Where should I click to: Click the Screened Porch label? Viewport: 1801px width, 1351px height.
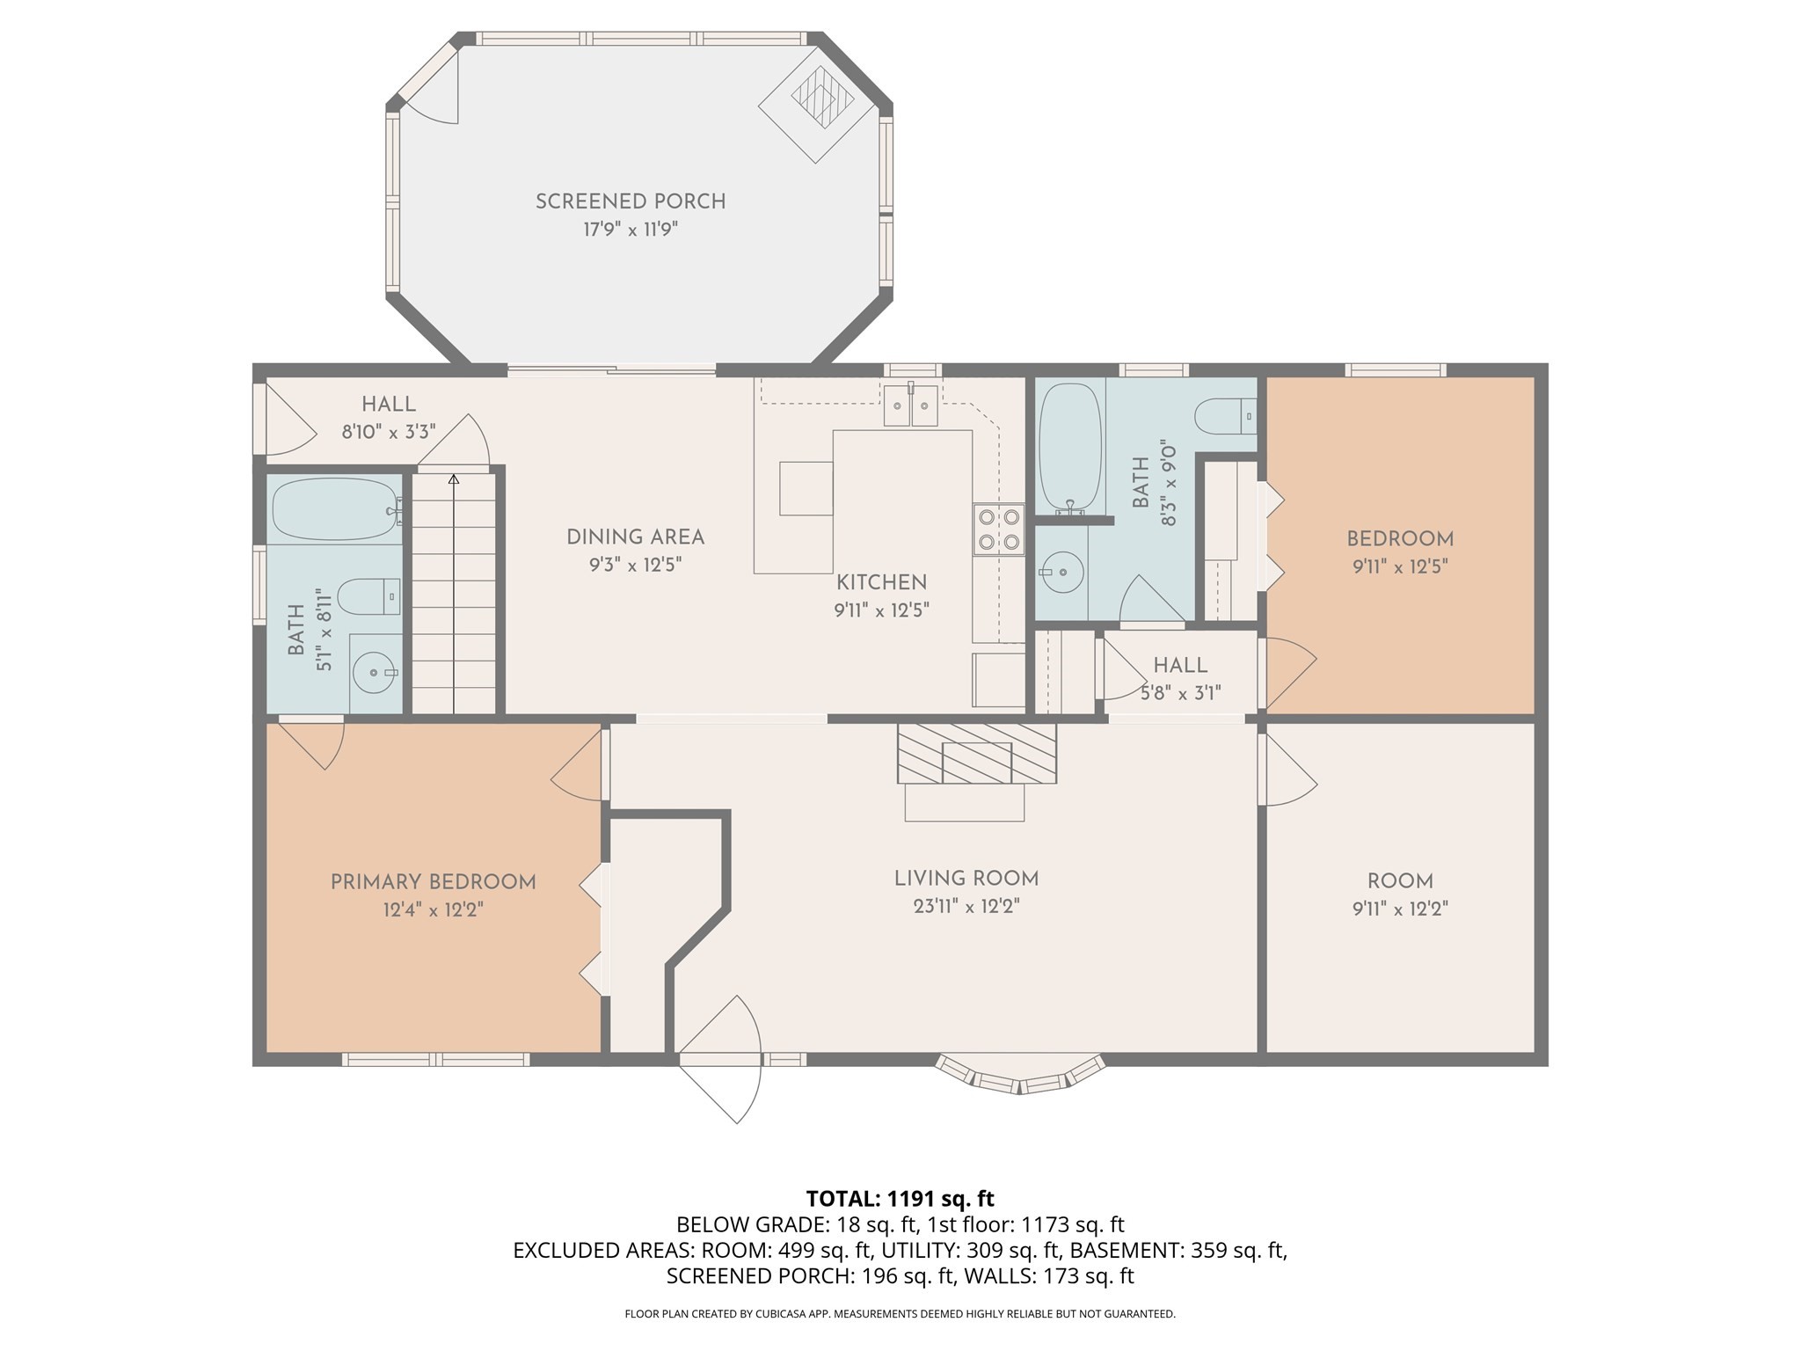click(x=631, y=201)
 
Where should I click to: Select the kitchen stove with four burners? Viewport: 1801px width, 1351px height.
click(x=998, y=529)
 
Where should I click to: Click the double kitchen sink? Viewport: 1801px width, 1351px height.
click(x=910, y=406)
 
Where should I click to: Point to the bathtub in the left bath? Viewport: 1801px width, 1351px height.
click(x=334, y=509)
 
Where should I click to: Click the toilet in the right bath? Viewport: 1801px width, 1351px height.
click(x=1225, y=415)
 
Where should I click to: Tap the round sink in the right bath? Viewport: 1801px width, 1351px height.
click(x=1061, y=572)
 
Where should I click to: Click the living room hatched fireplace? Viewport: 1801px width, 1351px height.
click(x=976, y=753)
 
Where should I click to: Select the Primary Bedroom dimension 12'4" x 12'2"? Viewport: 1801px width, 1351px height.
click(x=433, y=909)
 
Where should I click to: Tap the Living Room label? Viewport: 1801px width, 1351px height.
click(x=966, y=879)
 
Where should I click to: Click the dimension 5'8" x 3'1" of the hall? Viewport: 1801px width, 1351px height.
click(x=1180, y=693)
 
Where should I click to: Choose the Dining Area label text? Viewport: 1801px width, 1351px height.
click(x=635, y=537)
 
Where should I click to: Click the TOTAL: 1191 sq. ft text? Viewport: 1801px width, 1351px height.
click(x=900, y=1198)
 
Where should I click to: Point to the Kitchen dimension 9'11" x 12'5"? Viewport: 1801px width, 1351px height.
click(x=881, y=610)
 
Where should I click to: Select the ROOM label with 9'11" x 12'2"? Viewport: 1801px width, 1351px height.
click(x=1400, y=881)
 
